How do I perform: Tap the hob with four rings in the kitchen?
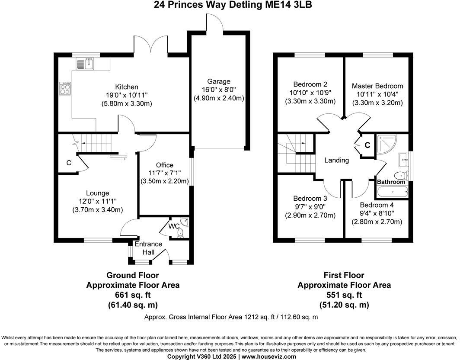click(65, 88)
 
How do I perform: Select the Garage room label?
click(219, 81)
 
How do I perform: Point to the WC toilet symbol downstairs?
click(180, 233)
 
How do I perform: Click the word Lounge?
click(98, 193)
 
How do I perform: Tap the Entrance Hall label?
click(148, 247)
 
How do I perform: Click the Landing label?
click(337, 160)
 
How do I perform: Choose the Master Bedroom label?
click(377, 86)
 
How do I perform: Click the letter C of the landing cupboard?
click(367, 145)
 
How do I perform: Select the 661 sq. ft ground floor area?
click(133, 295)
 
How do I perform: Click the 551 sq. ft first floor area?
click(344, 295)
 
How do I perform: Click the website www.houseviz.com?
click(268, 357)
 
